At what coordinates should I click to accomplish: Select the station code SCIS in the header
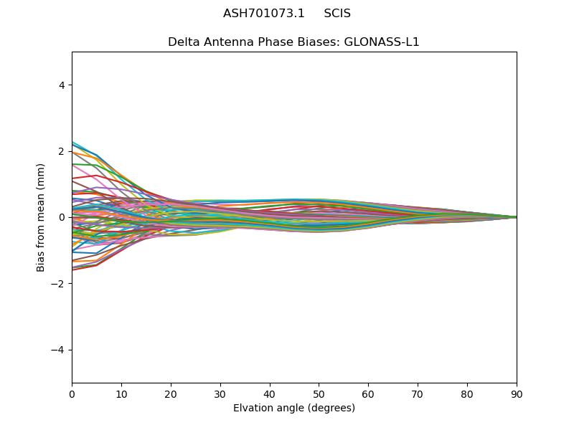337,14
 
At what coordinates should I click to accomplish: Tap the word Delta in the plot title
182,42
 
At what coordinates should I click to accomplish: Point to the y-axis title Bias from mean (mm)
41,217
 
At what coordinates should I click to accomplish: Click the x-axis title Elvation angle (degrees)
294,408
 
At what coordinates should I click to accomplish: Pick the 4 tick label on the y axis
62,85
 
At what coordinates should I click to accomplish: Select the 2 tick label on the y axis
62,151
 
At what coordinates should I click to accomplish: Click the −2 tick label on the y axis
59,284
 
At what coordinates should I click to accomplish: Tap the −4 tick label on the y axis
59,350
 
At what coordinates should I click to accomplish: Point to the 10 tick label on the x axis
121,393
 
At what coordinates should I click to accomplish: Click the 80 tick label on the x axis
467,393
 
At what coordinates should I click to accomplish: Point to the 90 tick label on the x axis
517,393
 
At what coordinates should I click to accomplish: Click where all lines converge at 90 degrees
516,217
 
